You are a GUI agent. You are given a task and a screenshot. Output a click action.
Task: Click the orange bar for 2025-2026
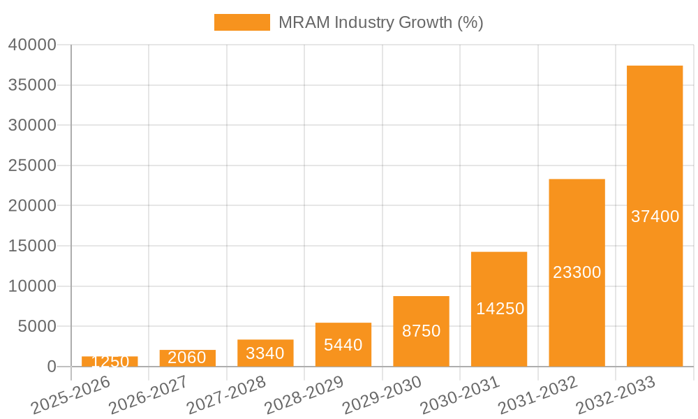tap(110, 362)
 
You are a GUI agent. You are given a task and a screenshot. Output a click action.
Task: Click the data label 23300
tap(577, 272)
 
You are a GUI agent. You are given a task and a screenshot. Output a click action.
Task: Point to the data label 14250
tap(500, 309)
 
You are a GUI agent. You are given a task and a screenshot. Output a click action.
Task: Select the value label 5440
tap(343, 344)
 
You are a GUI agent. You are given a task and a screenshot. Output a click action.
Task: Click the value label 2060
tap(187, 358)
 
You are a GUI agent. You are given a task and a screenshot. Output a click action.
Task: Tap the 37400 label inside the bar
tap(655, 216)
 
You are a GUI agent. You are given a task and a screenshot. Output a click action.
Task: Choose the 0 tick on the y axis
tap(51, 367)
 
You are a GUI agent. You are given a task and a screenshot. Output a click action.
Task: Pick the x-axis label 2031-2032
tap(537, 395)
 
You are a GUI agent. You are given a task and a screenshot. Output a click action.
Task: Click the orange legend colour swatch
tap(242, 22)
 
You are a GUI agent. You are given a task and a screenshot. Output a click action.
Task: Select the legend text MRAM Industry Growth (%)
tap(380, 22)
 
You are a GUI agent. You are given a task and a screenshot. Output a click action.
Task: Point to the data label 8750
tap(421, 331)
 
